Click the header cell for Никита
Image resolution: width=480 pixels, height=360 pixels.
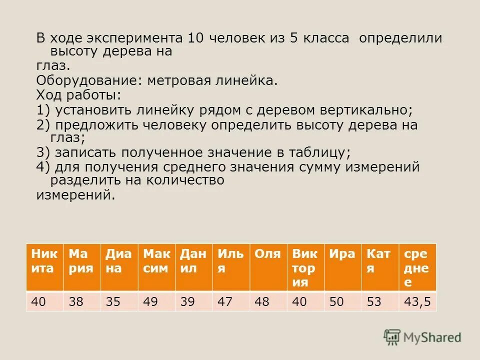tap(44, 266)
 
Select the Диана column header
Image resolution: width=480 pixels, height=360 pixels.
tap(119, 266)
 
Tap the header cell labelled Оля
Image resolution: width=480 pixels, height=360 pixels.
tap(268, 266)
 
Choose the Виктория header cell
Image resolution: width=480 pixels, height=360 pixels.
tap(305, 266)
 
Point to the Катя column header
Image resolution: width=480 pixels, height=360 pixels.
tap(380, 266)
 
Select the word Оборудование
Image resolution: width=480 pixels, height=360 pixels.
tap(88, 80)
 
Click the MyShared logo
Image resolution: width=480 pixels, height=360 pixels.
tap(422, 337)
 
